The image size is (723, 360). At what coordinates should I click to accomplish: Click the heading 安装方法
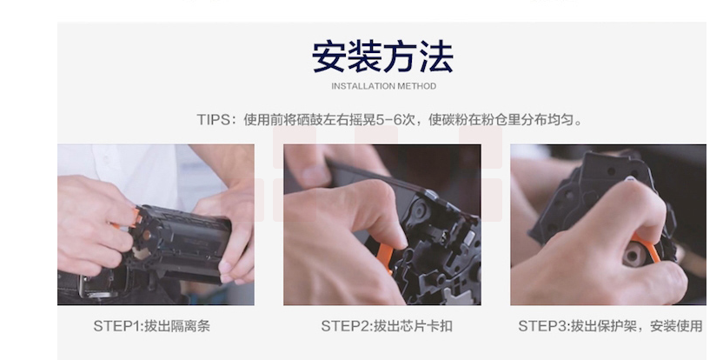(382, 57)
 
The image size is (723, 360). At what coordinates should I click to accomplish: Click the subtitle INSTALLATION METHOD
(383, 86)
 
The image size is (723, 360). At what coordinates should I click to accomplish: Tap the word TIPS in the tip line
(213, 120)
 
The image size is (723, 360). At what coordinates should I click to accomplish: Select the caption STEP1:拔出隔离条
(152, 326)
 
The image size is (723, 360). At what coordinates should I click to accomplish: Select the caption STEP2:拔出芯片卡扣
(387, 326)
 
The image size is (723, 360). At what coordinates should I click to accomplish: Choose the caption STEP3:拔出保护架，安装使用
(610, 326)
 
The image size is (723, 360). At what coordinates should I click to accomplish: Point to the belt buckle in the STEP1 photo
(95, 286)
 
